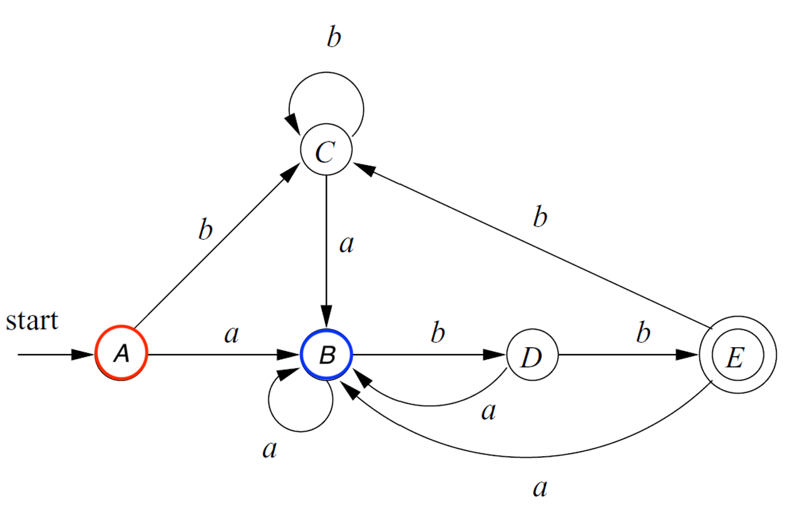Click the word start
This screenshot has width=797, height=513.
point(32,321)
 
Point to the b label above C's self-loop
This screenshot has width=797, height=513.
point(334,36)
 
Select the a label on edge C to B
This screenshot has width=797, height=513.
point(347,245)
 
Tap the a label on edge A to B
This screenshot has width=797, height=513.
point(232,335)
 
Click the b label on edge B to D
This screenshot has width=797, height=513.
point(438,332)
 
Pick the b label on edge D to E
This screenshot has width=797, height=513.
point(643,332)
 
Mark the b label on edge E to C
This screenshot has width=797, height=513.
point(540,216)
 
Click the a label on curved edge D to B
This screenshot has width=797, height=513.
point(488,412)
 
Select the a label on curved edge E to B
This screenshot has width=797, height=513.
point(540,489)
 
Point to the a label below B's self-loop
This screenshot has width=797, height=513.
point(270,450)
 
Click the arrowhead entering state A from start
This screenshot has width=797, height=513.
point(83,355)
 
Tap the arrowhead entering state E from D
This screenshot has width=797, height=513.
point(687,355)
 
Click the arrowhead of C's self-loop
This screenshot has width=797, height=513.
point(293,124)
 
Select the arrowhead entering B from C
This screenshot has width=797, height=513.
point(326,317)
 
